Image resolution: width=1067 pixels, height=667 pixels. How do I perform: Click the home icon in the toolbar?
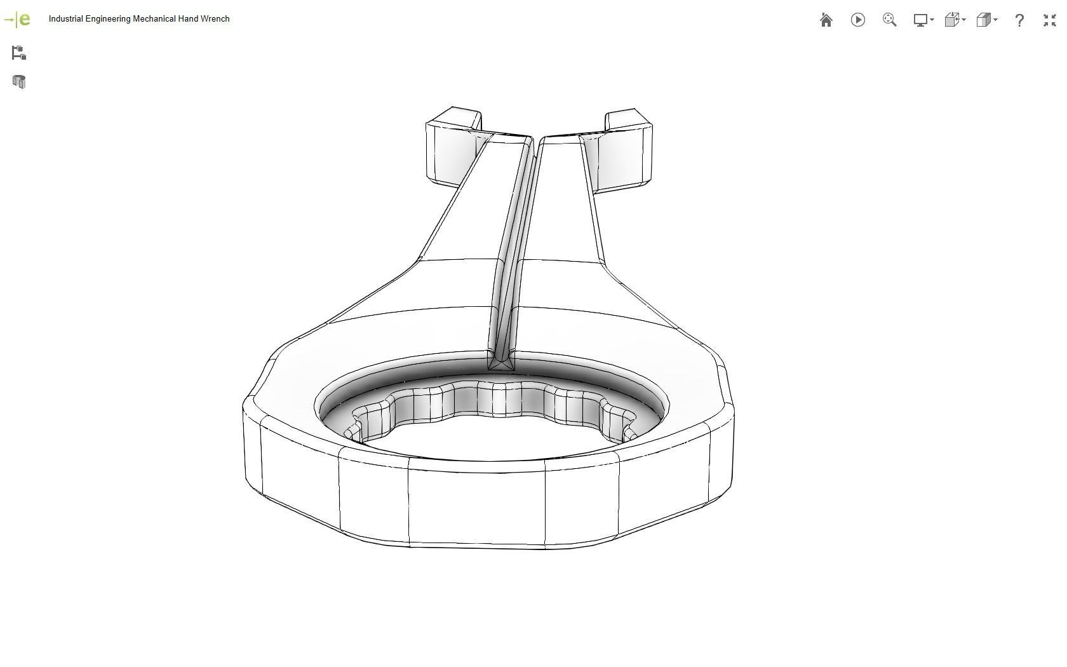826,20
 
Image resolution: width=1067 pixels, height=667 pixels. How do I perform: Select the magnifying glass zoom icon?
889,20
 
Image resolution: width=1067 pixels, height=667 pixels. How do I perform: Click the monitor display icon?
920,20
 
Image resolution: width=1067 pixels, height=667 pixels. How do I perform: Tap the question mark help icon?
1019,20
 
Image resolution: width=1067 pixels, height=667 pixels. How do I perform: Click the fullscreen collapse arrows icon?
1049,20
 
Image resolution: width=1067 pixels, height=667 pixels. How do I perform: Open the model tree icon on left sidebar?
18,53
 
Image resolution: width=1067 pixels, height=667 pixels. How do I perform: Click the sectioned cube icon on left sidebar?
18,82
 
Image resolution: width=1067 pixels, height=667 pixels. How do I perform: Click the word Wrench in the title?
215,19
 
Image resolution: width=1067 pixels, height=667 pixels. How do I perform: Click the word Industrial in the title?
65,19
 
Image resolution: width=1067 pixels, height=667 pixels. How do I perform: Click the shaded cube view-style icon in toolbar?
983,20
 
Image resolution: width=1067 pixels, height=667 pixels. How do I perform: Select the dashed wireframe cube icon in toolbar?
951,20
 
